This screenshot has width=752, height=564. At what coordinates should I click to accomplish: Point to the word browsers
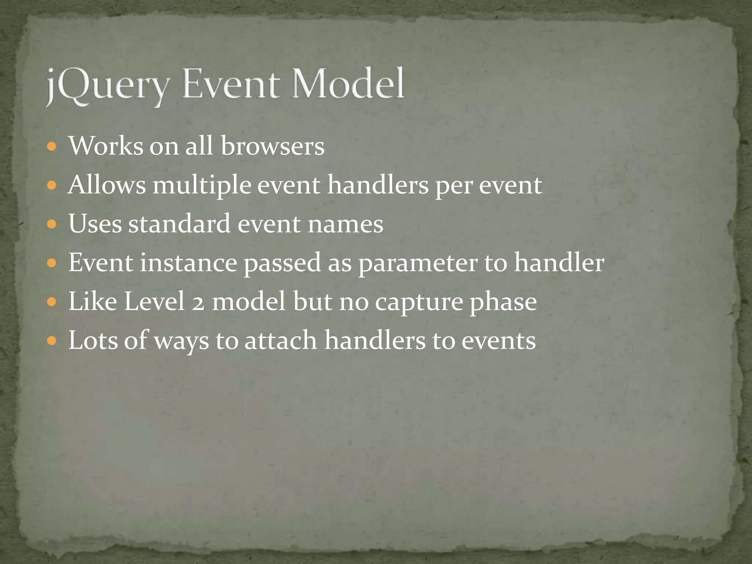point(272,146)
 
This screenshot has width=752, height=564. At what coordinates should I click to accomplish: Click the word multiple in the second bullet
point(202,185)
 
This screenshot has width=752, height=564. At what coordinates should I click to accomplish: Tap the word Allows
point(107,185)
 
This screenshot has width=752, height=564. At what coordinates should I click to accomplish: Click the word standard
point(179,224)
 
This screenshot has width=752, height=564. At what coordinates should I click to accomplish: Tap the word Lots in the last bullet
point(93,341)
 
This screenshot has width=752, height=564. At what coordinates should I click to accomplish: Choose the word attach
point(281,341)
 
